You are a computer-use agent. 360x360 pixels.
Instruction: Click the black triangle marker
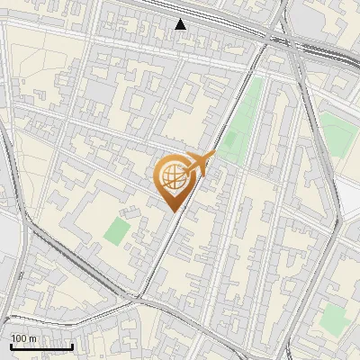tap(181, 24)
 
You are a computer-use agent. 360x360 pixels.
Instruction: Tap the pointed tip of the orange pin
tap(175, 211)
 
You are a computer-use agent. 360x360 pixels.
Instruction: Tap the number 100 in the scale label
tap(19, 338)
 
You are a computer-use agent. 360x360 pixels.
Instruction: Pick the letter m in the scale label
tap(32, 338)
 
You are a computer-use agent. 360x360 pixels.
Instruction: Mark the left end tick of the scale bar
tap(11, 345)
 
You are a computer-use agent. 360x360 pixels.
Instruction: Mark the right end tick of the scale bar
tap(72, 345)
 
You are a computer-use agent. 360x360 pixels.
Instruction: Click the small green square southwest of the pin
tap(116, 230)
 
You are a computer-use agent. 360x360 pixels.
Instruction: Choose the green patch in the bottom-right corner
tap(335, 317)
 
